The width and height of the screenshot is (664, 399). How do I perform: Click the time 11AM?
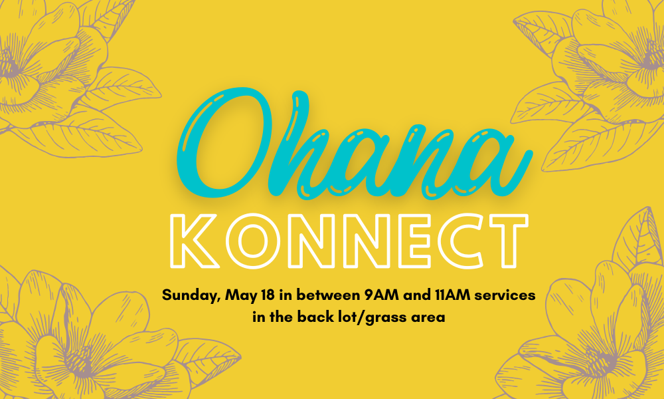pos(452,295)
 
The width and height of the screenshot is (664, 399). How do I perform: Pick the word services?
pos(505,295)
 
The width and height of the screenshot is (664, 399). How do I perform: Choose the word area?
pos(429,318)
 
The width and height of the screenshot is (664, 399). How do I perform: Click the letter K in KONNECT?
pos(195,241)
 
